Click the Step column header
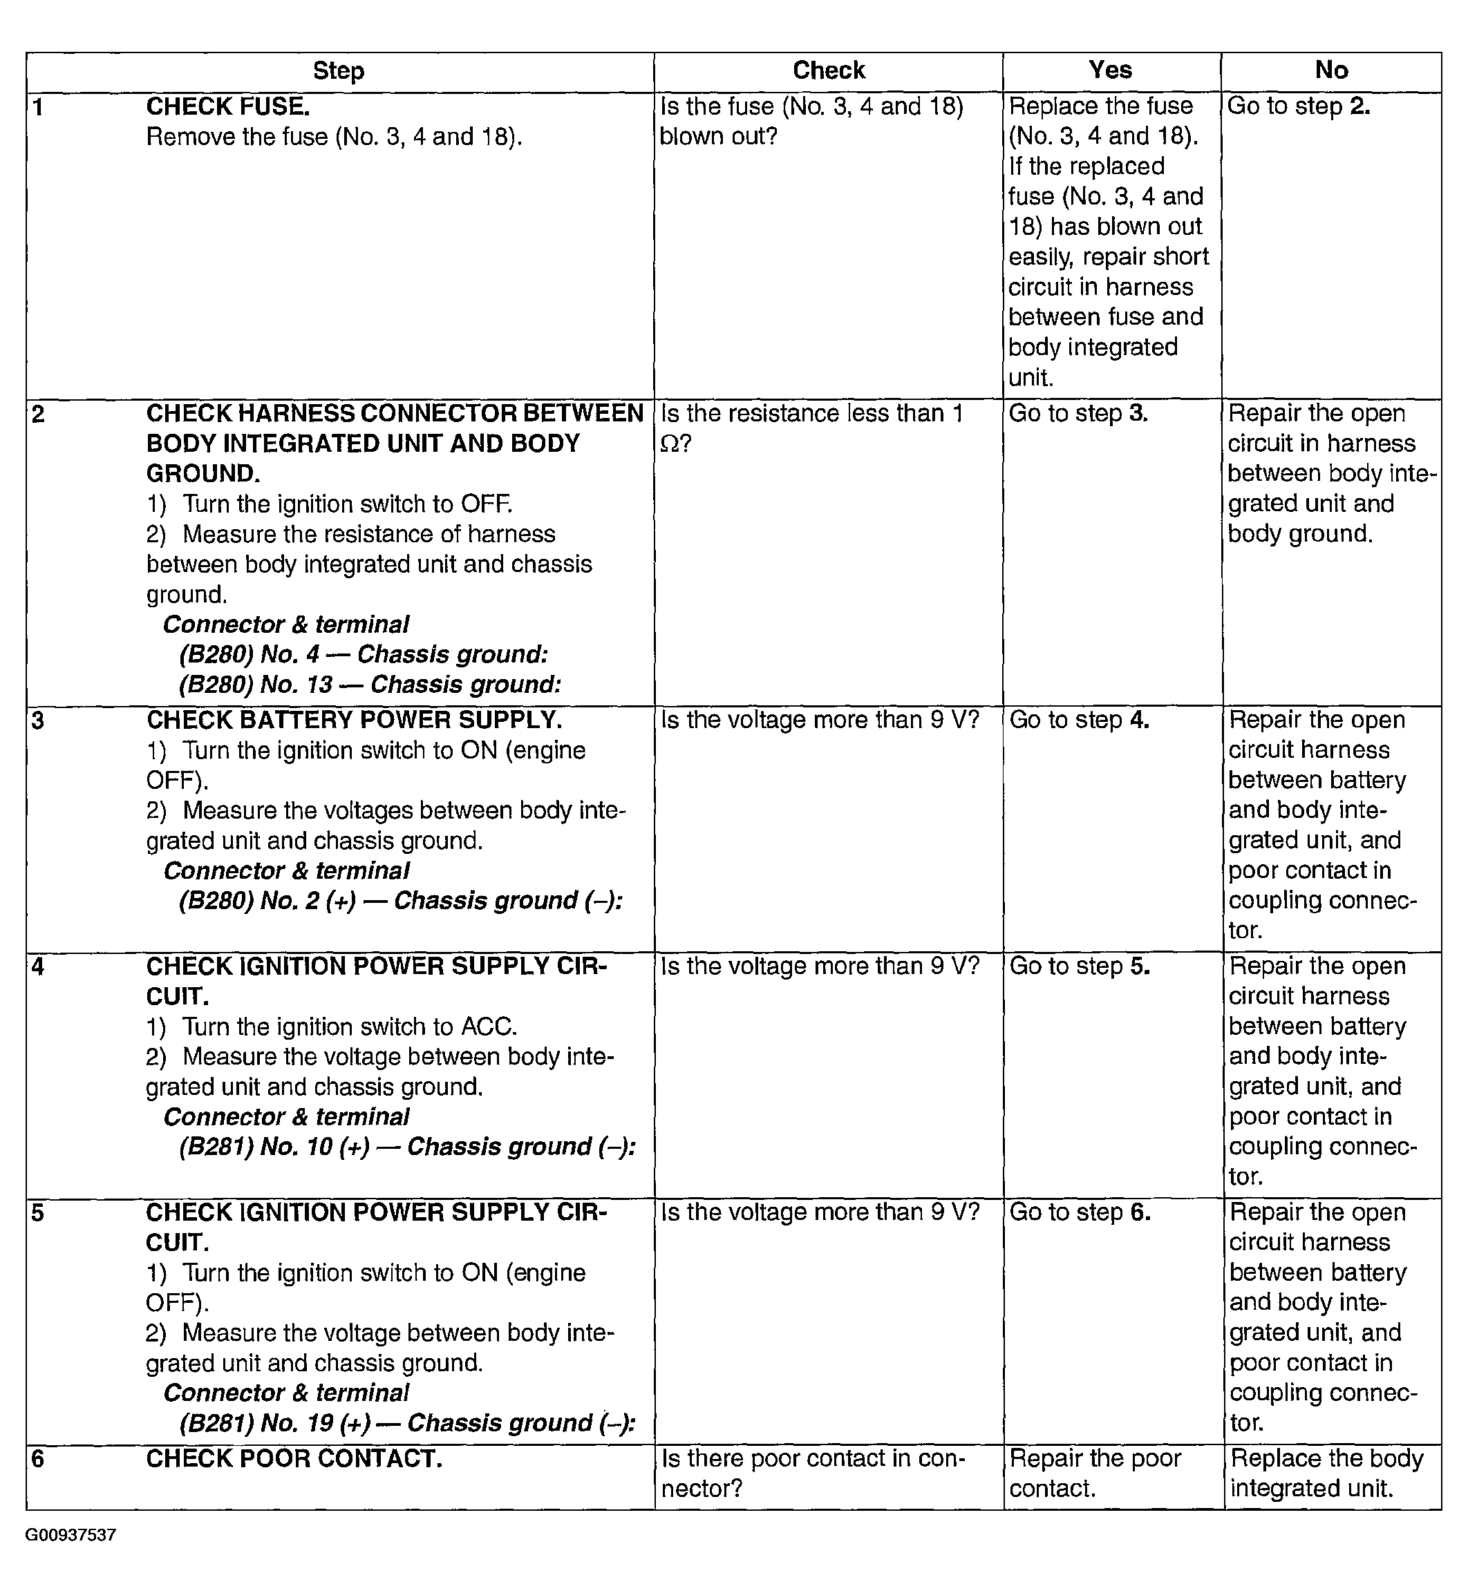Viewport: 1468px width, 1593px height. pos(339,71)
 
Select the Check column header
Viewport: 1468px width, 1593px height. pos(829,70)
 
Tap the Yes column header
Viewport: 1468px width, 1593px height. pos(1110,70)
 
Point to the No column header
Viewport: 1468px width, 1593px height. pos(1331,70)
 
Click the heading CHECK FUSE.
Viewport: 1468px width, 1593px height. pos(228,106)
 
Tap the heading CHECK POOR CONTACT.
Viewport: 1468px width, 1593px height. pos(294,1459)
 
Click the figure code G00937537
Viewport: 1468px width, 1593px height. pos(70,1535)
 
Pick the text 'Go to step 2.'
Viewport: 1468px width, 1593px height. pos(1299,106)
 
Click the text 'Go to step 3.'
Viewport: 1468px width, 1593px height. pos(1078,414)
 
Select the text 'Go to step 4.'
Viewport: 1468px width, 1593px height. pos(1079,721)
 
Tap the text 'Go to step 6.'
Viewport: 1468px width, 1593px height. pos(1080,1212)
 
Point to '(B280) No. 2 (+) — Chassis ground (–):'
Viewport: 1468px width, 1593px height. pos(400,902)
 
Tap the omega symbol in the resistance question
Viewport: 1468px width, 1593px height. pos(670,445)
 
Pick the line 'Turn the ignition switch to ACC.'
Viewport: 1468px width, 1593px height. pos(350,1027)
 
